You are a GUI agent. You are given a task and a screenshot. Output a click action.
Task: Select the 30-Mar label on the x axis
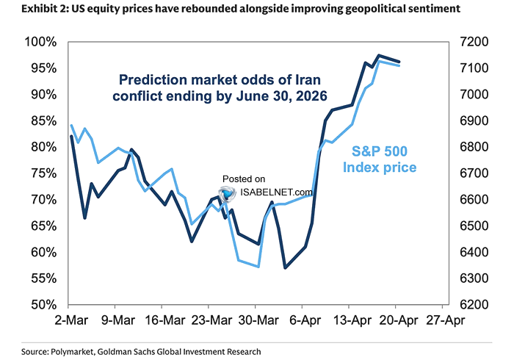[x=256, y=320]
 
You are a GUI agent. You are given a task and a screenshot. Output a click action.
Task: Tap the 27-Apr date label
[x=444, y=320]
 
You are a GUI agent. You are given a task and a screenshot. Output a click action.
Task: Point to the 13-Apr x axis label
[x=350, y=320]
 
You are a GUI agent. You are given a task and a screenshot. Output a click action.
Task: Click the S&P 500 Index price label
[x=380, y=159]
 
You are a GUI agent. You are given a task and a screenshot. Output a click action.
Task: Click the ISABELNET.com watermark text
[x=276, y=192]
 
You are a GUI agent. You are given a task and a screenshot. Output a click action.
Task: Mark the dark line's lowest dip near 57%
[x=285, y=267]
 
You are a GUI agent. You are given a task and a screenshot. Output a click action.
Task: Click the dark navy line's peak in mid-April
[x=378, y=55]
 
